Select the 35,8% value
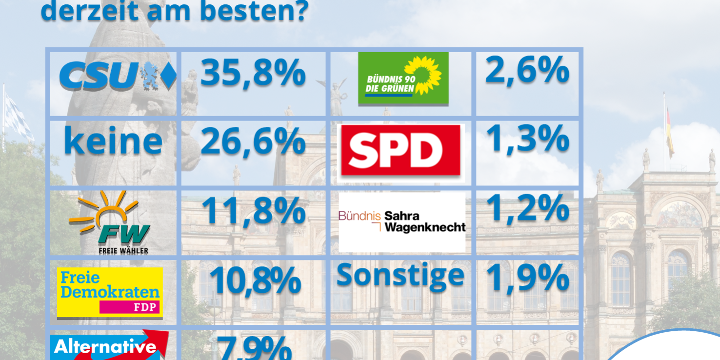(253, 73)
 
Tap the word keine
(113, 141)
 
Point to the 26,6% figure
(253, 142)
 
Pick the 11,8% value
(253, 211)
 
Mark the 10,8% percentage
(255, 280)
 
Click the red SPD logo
(400, 150)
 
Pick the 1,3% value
(527, 139)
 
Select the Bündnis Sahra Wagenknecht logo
(402, 222)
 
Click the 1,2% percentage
(527, 209)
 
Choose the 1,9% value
(527, 279)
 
